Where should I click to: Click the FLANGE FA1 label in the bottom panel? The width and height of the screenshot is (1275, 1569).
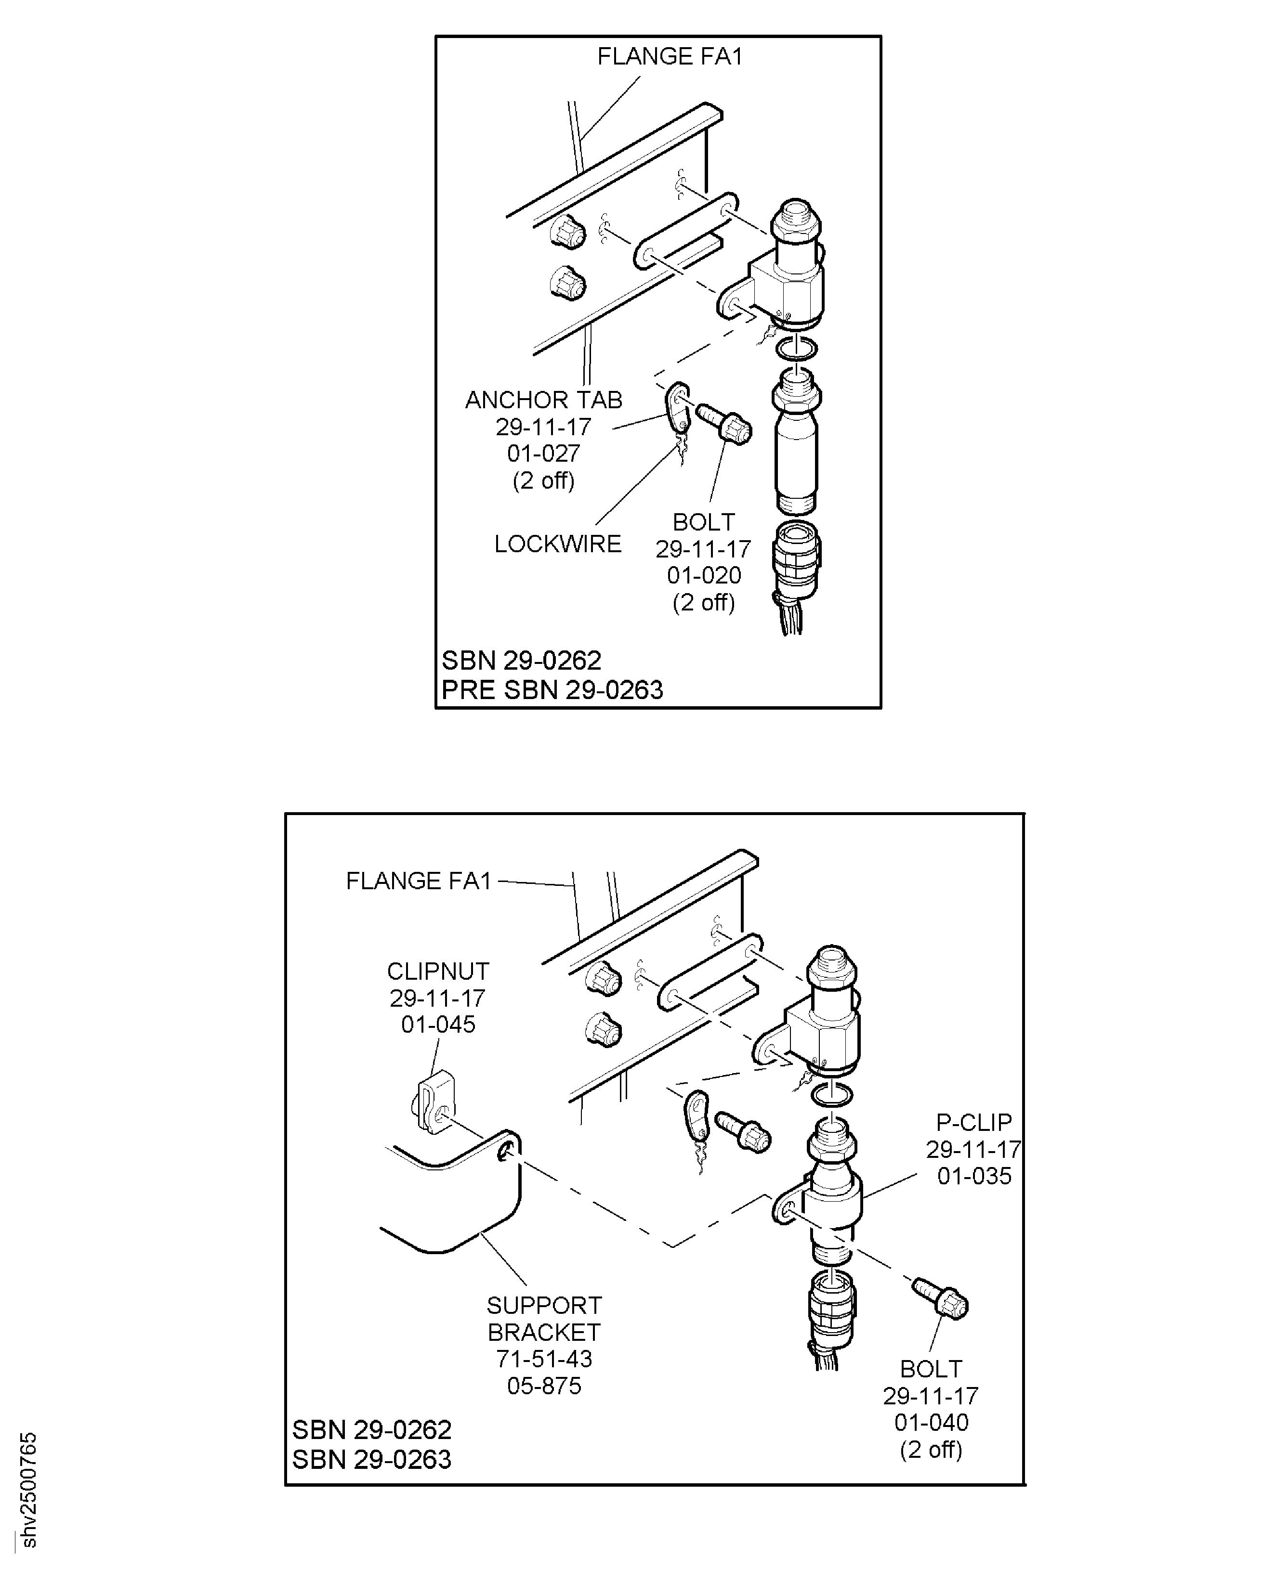(418, 881)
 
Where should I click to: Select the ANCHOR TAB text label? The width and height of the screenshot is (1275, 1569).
(543, 400)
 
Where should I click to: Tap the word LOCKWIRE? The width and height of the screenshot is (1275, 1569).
(557, 544)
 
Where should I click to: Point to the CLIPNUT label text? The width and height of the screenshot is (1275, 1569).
(438, 972)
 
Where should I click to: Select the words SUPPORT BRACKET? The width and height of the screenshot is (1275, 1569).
(544, 1319)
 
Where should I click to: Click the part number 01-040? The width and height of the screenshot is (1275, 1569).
(931, 1423)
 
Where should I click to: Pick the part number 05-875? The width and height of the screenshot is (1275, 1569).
(544, 1386)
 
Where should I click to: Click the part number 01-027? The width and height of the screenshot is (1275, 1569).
(543, 454)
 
